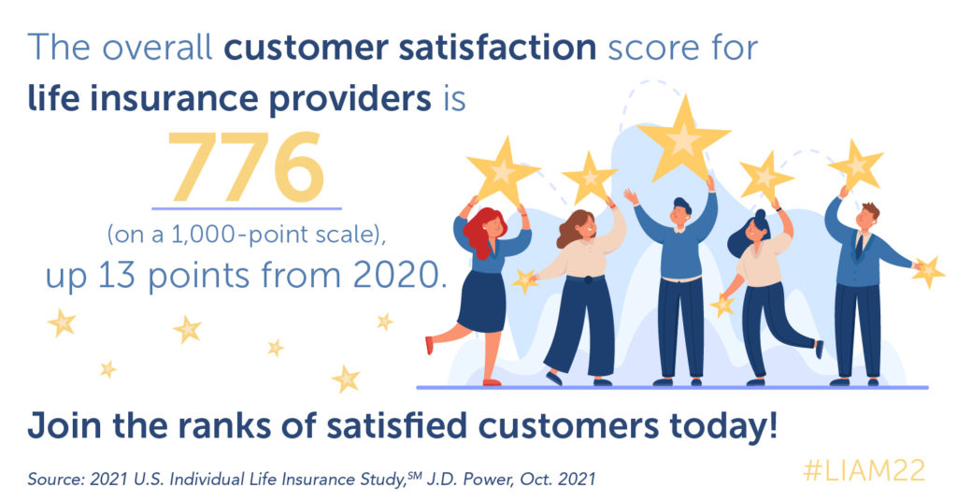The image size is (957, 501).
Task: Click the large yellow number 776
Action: [x=245, y=166]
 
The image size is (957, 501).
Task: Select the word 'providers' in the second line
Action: [x=350, y=98]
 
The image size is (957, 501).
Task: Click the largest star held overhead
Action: [x=683, y=138]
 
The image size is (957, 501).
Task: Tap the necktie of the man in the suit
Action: [x=860, y=246]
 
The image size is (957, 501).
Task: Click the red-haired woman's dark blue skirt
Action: [x=482, y=302]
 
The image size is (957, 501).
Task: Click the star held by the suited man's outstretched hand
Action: [x=928, y=272]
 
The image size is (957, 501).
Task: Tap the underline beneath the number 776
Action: [x=247, y=208]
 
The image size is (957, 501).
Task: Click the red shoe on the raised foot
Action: [x=429, y=345]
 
